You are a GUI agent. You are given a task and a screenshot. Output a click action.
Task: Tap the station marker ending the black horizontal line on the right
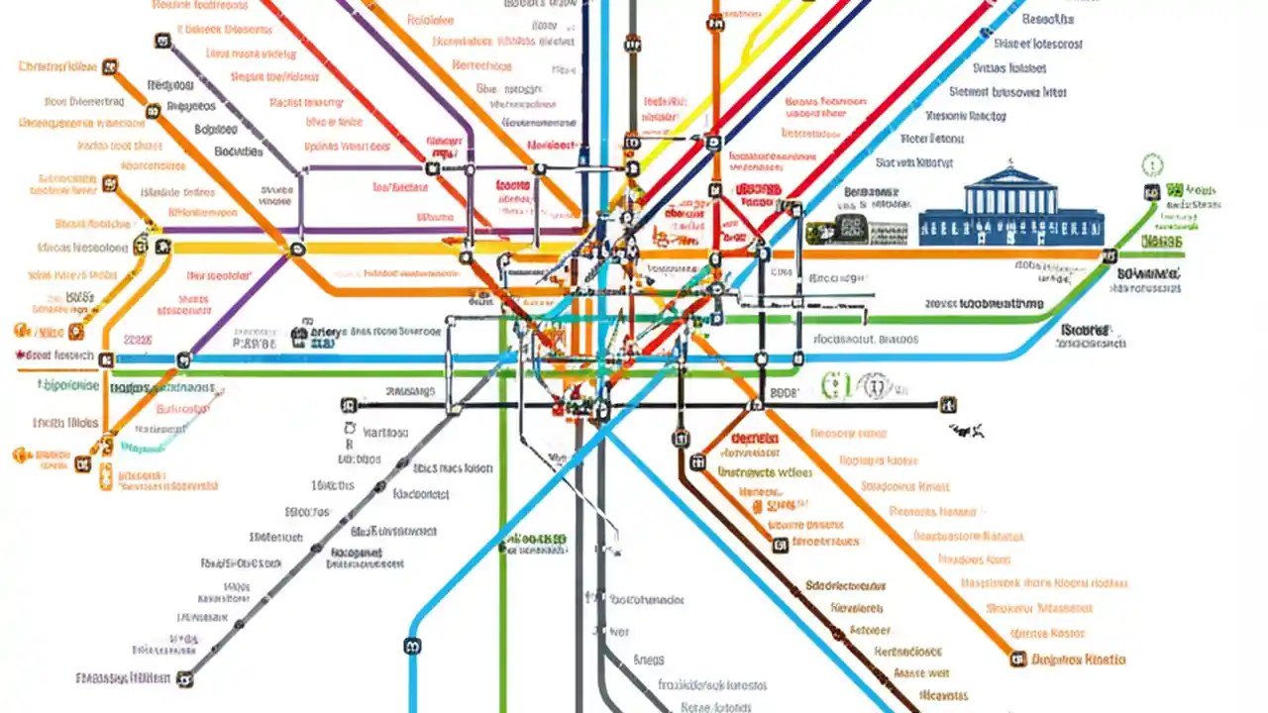948,404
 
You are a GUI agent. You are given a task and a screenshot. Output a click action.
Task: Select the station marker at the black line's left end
348,405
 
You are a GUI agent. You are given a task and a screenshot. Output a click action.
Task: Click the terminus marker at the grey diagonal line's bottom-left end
183,679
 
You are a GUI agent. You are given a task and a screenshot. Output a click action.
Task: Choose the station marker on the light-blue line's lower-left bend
413,646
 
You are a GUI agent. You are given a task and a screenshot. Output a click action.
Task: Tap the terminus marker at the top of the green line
1151,193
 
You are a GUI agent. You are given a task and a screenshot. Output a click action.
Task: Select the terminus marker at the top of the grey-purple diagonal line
162,41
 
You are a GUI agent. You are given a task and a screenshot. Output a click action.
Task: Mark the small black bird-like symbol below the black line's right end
969,430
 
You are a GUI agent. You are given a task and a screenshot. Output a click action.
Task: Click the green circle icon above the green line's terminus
1152,164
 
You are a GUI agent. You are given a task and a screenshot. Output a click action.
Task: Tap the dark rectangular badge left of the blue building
837,229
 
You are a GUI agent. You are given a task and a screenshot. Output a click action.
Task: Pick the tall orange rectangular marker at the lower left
106,475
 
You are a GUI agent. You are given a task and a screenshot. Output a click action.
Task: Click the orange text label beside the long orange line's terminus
1079,659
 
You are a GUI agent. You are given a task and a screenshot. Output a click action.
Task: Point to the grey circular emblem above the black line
871,384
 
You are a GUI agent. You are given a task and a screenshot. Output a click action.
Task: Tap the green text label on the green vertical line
537,541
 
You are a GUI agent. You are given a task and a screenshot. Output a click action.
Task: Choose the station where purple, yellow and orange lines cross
296,251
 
